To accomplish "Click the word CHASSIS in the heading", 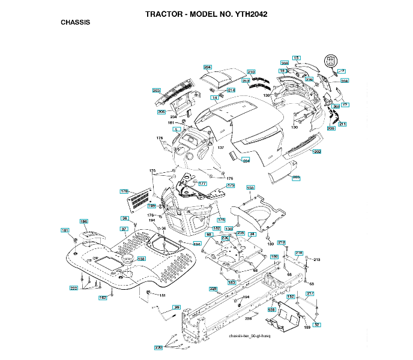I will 75,22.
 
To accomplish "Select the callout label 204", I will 208,67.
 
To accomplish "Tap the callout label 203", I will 157,91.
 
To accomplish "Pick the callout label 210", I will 251,72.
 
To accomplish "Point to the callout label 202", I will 317,152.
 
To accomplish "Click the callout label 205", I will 296,177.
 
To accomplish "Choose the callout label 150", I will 250,188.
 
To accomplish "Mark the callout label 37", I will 124,229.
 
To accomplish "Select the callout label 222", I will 74,288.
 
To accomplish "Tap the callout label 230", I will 158,347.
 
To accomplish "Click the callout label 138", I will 141,259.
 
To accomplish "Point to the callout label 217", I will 310,293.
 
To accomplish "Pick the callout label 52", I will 317,324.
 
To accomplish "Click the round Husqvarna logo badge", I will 330,61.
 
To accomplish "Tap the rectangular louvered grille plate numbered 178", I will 140,199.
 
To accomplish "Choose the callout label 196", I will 84,221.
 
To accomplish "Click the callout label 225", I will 213,289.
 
